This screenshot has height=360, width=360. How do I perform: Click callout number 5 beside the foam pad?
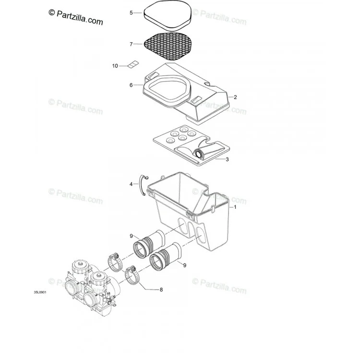[131, 12]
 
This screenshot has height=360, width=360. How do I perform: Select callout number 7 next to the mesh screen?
[131, 44]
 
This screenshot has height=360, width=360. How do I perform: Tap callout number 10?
[115, 66]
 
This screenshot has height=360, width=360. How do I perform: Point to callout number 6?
[131, 85]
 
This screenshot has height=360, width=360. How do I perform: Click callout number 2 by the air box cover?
[235, 97]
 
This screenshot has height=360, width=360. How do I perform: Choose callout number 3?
[227, 159]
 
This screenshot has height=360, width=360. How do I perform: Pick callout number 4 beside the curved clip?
[131, 184]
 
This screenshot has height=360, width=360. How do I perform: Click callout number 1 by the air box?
[235, 207]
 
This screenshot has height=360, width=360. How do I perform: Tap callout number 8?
[161, 290]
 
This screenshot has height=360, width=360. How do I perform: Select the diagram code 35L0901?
[40, 292]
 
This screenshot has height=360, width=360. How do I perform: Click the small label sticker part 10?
[133, 64]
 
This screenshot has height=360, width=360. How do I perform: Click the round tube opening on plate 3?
[199, 154]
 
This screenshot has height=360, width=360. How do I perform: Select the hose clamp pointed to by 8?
[131, 276]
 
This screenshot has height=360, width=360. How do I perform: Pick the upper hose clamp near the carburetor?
[115, 262]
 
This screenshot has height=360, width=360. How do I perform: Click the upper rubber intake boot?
[149, 243]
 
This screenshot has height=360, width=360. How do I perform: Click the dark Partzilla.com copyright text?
[76, 17]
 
